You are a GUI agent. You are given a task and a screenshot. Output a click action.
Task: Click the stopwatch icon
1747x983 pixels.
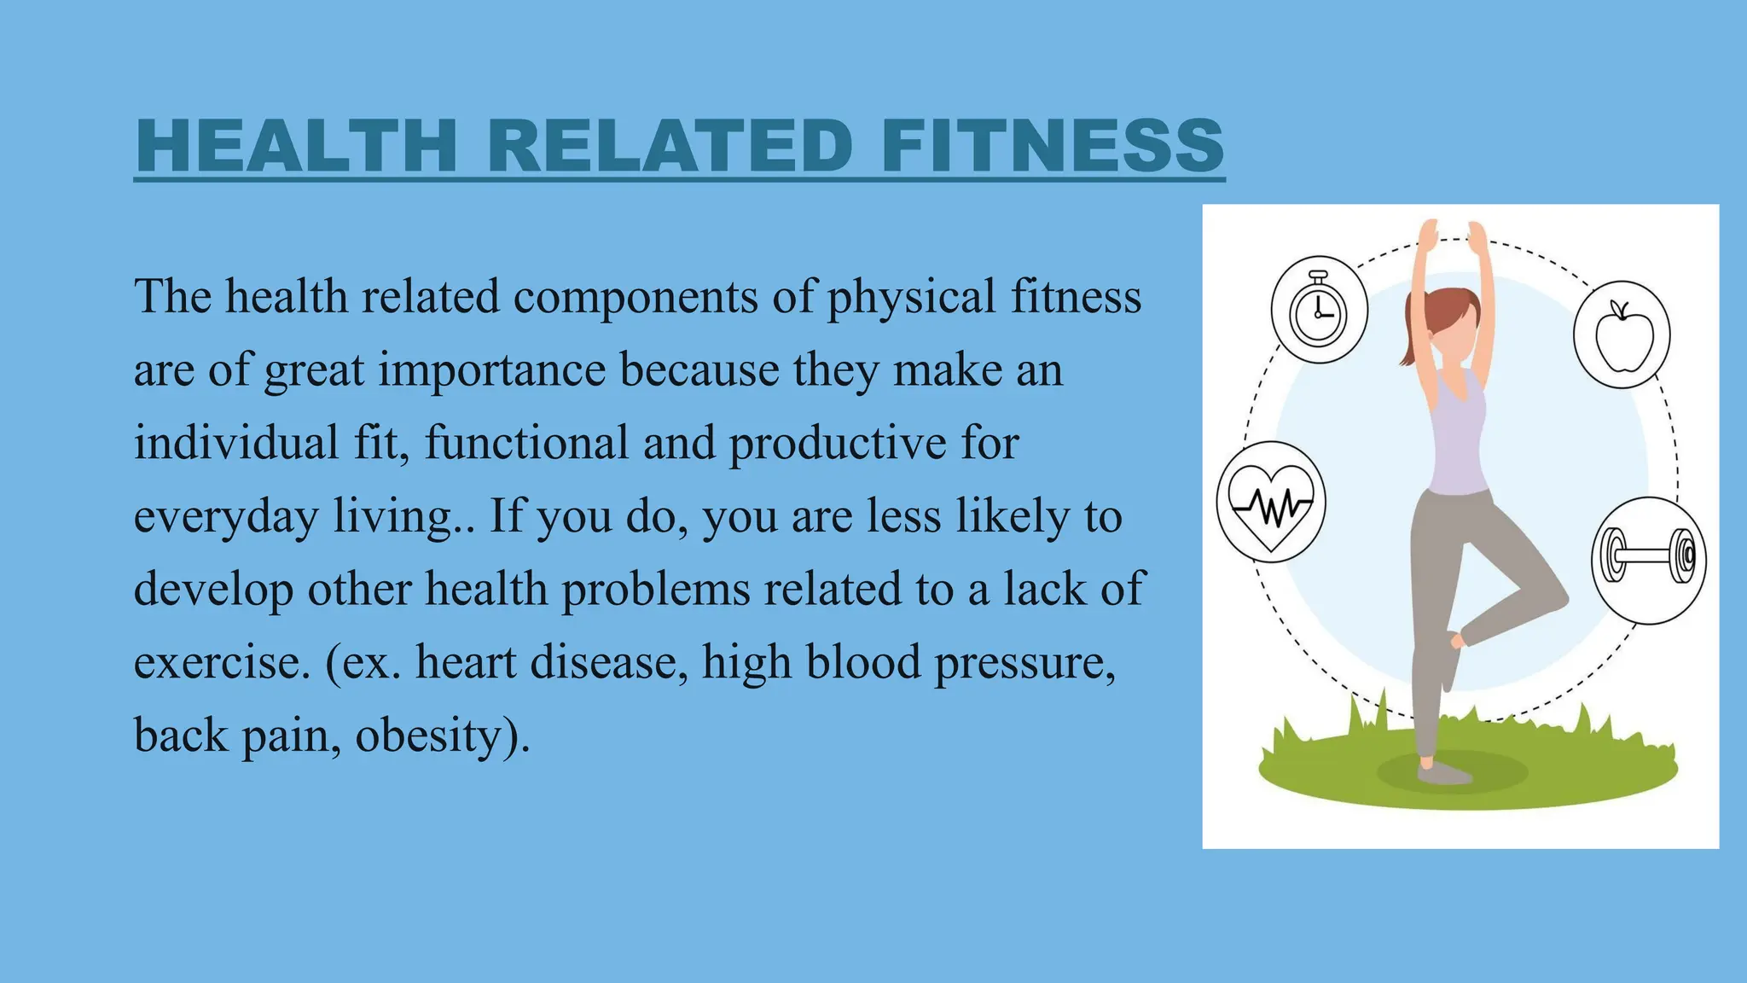pyautogui.click(x=1319, y=311)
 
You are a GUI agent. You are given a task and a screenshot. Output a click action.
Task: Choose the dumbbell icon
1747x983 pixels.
pyautogui.click(x=1648, y=559)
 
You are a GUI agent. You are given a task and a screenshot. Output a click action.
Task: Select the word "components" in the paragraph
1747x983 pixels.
pyautogui.click(x=636, y=297)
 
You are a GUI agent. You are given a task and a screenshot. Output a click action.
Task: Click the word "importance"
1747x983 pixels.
pyautogui.click(x=492, y=370)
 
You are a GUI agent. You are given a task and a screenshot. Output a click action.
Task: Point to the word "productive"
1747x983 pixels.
pyautogui.click(x=837, y=444)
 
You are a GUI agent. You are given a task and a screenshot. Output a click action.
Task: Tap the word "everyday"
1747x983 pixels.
pyautogui.click(x=226, y=517)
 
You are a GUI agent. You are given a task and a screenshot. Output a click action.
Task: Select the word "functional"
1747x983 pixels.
pyautogui.click(x=526, y=444)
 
